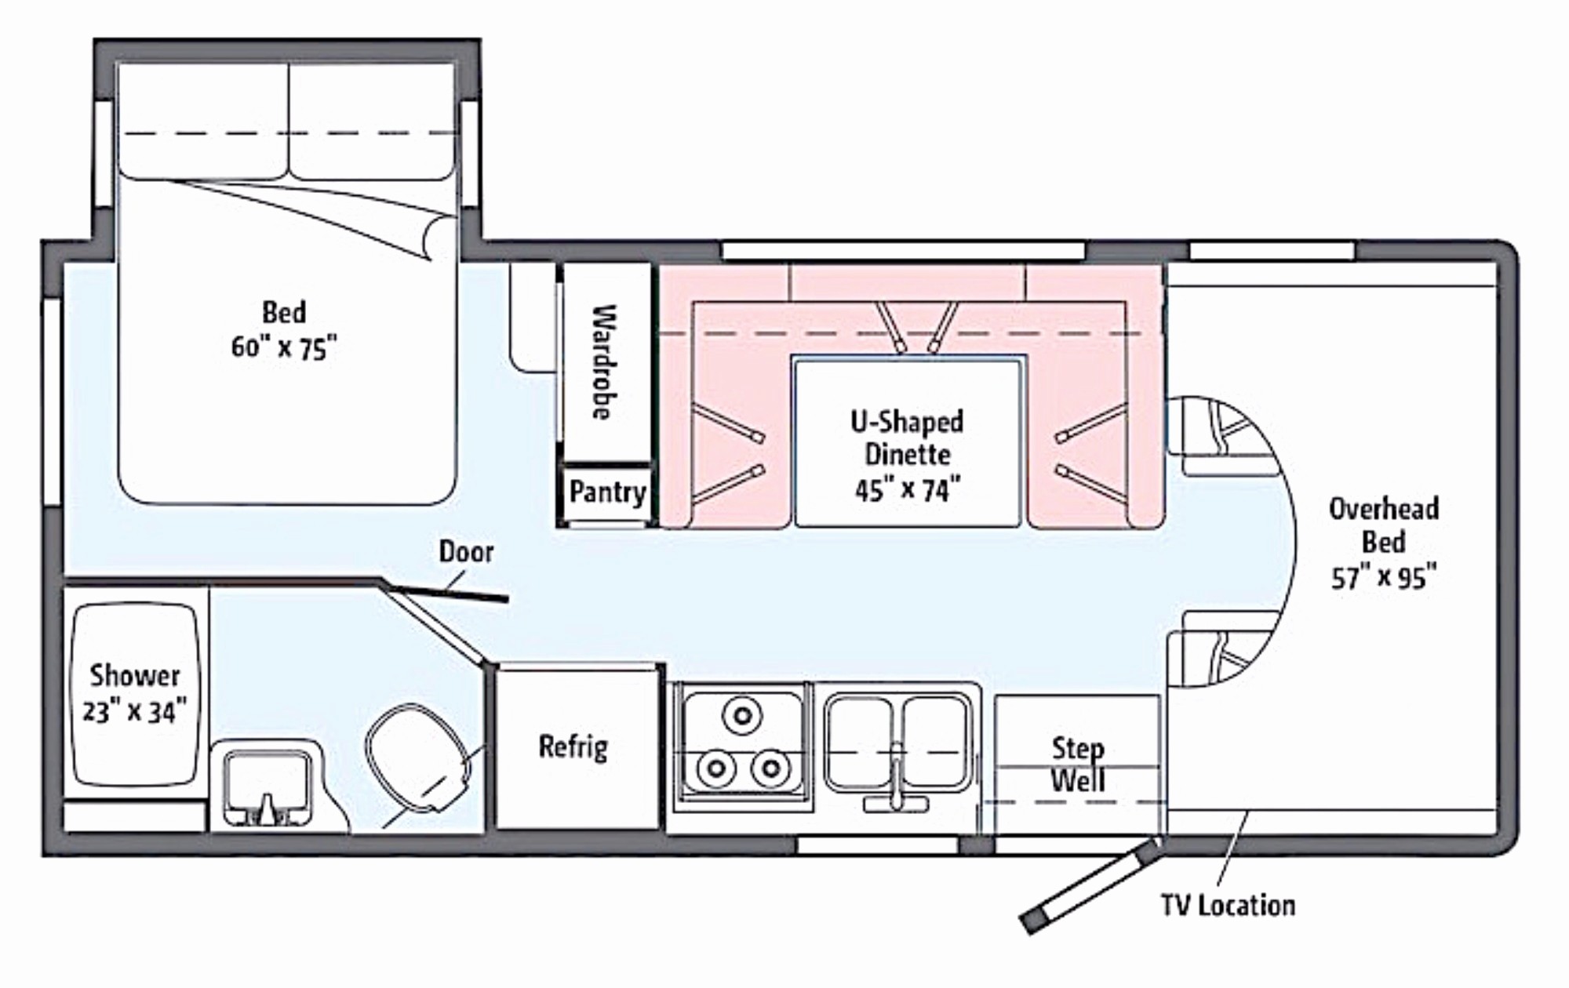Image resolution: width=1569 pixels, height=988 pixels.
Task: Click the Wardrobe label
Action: click(x=604, y=362)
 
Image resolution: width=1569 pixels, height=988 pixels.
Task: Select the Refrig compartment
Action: click(x=575, y=747)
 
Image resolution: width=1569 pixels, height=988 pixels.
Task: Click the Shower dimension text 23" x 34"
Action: click(x=135, y=712)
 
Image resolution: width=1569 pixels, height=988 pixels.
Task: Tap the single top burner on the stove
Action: click(x=742, y=714)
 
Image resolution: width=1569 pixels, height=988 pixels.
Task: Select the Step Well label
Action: click(x=1078, y=765)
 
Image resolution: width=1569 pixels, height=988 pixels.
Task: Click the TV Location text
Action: click(x=1228, y=906)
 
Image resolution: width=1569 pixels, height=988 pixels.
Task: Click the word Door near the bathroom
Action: click(x=466, y=552)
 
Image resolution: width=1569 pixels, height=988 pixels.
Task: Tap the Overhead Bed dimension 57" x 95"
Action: click(x=1384, y=578)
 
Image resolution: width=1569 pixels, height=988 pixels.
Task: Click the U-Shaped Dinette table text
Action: click(x=907, y=455)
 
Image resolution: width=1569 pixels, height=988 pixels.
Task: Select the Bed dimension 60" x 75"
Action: click(x=284, y=347)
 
